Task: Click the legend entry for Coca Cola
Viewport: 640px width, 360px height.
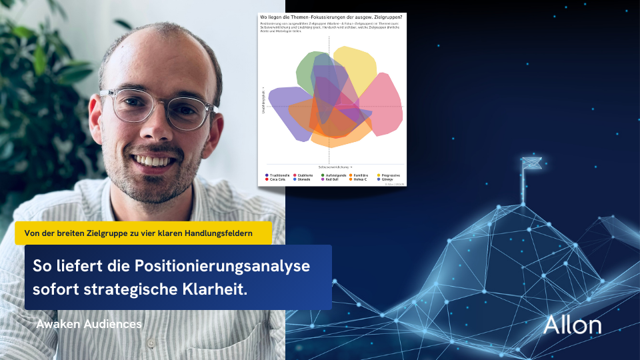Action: point(277,179)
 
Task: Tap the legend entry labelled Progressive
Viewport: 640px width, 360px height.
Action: point(390,175)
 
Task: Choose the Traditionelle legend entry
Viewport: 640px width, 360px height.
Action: point(278,175)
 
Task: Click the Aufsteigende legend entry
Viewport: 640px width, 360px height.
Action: point(335,175)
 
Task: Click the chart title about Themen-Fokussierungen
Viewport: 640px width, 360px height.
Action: point(331,15)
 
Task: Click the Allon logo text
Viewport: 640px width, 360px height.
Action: point(572,325)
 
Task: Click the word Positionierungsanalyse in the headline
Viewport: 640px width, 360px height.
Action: point(222,265)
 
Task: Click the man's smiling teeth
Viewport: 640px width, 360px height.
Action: point(155,161)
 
